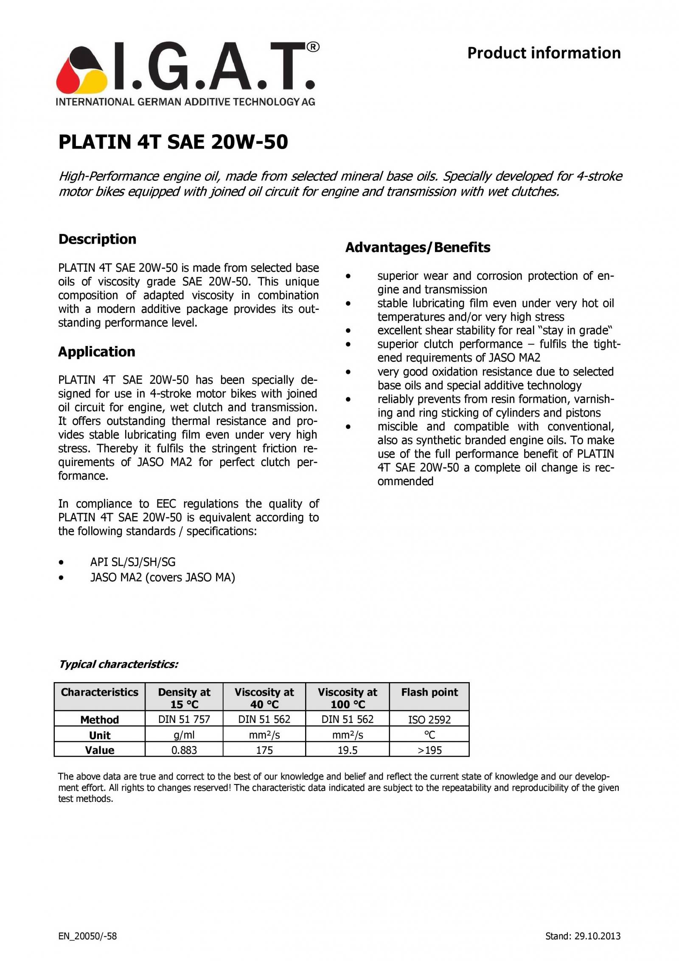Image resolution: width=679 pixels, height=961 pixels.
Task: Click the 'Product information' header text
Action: tap(544, 53)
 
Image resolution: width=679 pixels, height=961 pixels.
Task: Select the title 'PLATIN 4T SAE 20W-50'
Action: tap(173, 142)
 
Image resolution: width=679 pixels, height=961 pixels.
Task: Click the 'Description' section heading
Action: tap(97, 239)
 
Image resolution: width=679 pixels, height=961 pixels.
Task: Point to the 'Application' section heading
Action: tap(96, 351)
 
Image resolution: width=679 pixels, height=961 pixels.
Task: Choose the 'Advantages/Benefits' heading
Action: tap(418, 247)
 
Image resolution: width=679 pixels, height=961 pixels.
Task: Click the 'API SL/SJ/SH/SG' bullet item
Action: tap(132, 562)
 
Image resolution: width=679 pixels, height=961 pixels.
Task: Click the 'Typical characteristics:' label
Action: tap(118, 664)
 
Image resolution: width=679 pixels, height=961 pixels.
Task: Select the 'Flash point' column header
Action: tap(429, 692)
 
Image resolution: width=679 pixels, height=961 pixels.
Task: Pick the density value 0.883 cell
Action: tap(184, 750)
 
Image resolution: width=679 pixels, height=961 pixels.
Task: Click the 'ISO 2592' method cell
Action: tap(429, 719)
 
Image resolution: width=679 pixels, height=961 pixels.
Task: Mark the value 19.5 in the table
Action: tap(348, 750)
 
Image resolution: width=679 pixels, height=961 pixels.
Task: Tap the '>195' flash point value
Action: tap(429, 750)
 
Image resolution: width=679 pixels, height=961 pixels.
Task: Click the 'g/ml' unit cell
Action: tap(184, 735)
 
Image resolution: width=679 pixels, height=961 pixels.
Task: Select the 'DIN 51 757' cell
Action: tap(184, 719)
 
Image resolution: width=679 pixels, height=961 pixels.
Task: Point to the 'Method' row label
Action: tap(100, 719)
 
